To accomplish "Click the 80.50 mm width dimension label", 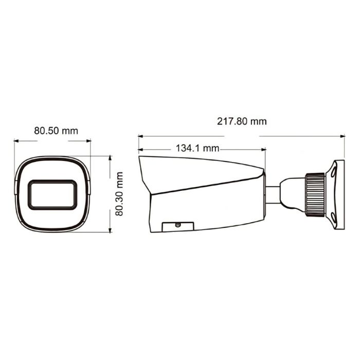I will [x=56, y=131].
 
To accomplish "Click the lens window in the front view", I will [x=52, y=194].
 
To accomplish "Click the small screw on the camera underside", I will [x=178, y=224].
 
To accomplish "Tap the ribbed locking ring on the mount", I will [x=314, y=192].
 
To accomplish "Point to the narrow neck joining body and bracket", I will [x=273, y=193].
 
